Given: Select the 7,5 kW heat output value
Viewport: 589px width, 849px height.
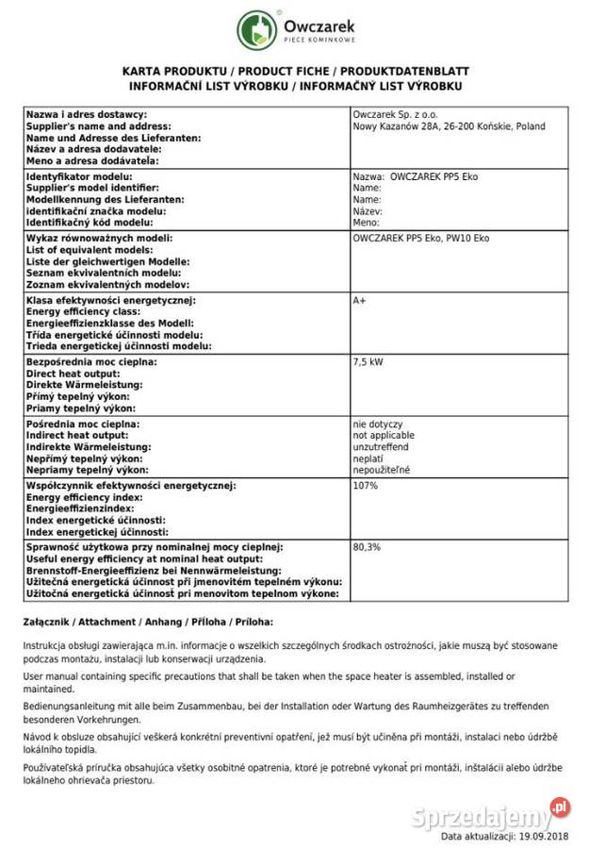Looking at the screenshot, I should click(x=368, y=361).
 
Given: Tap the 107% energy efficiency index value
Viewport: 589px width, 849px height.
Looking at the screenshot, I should click(x=365, y=485).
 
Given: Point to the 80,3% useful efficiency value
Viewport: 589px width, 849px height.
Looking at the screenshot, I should click(x=367, y=547).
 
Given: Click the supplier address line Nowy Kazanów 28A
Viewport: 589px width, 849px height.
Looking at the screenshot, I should click(x=449, y=126).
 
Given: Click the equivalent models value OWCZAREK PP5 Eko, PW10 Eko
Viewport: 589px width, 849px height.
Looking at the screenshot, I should click(x=420, y=239).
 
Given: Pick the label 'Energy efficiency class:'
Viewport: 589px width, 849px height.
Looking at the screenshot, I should click(x=84, y=311).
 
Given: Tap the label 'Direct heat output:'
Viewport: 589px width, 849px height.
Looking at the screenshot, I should click(x=74, y=374).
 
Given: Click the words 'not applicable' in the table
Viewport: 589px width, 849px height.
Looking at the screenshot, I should click(x=381, y=436).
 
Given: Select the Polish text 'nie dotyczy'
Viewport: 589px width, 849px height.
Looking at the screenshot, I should click(x=376, y=424).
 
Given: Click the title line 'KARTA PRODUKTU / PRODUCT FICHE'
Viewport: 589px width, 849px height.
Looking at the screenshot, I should click(x=295, y=72).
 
